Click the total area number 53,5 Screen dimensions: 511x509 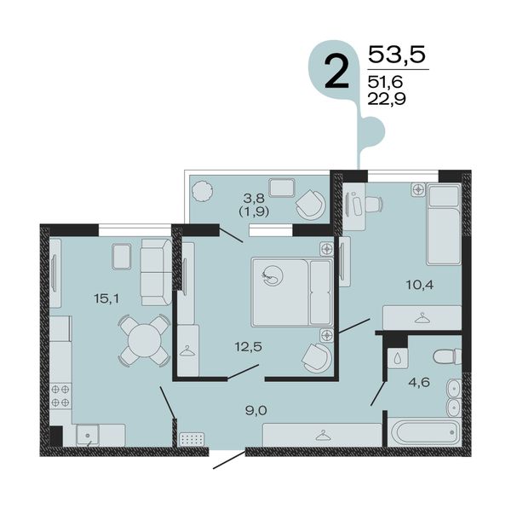(x=397, y=55)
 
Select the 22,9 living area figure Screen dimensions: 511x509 (x=387, y=98)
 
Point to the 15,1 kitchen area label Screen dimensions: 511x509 (x=106, y=298)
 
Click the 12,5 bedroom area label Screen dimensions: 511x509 (x=249, y=347)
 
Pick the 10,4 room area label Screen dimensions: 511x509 (x=420, y=285)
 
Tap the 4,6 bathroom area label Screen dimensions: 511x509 (x=419, y=382)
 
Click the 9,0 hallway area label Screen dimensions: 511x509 (x=256, y=411)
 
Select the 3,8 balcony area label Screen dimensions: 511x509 (x=254, y=198)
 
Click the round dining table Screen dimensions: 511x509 (x=144, y=341)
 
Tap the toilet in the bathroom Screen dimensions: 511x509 (x=447, y=356)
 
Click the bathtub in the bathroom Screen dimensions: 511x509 (x=424, y=432)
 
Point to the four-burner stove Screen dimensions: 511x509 (x=60, y=396)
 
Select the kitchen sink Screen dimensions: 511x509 (x=88, y=436)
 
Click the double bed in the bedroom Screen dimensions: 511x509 (x=292, y=292)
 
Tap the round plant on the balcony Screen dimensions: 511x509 (x=203, y=192)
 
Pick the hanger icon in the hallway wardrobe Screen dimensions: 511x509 (x=322, y=436)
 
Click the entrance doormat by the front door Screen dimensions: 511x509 (x=192, y=439)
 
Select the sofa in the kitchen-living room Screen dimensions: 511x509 (x=157, y=272)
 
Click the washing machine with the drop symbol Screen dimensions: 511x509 (x=398, y=359)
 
